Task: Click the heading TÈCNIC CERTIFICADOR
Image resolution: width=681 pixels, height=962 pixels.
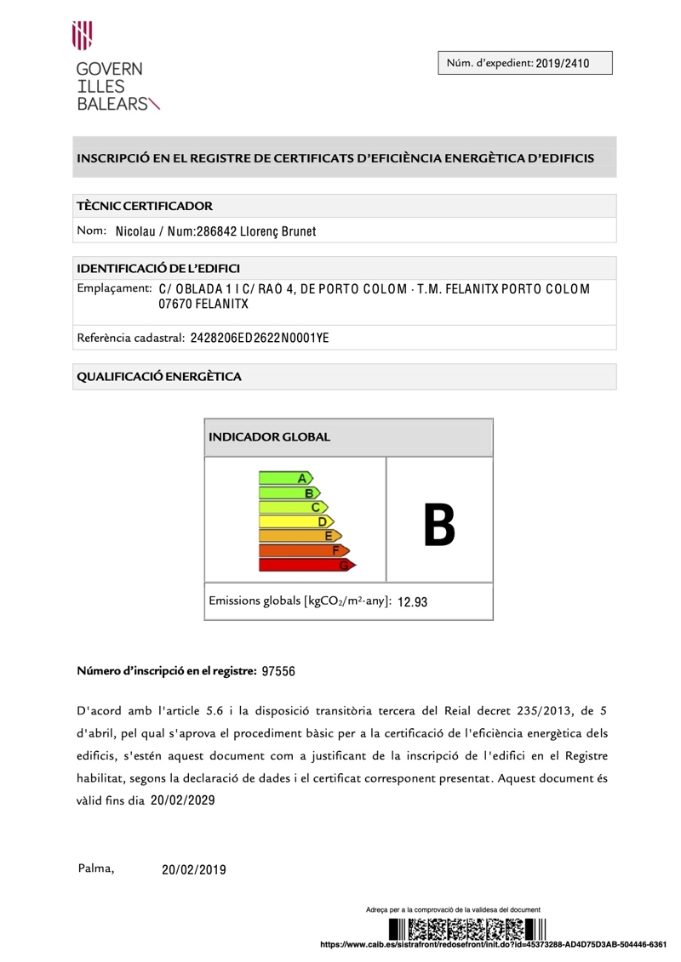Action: pyautogui.click(x=145, y=206)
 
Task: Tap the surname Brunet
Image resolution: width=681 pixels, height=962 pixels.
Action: pyautogui.click(x=295, y=231)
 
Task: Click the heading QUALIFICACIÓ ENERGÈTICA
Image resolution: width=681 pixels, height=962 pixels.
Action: pyautogui.click(x=159, y=376)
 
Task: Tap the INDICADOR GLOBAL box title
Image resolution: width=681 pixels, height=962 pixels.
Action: pyautogui.click(x=269, y=437)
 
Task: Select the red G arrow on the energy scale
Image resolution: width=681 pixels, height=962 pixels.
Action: pyautogui.click(x=308, y=565)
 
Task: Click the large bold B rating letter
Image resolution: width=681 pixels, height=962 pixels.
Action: pyautogui.click(x=439, y=524)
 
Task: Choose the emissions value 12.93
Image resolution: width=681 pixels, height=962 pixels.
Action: pyautogui.click(x=412, y=602)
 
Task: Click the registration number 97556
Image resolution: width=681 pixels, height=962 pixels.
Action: pyautogui.click(x=278, y=671)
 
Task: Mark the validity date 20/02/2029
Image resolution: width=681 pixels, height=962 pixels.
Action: pyautogui.click(x=183, y=800)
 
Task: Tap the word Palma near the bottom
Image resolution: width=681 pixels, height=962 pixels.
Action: pyautogui.click(x=96, y=868)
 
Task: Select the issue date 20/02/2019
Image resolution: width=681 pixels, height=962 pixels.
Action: pyautogui.click(x=194, y=869)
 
